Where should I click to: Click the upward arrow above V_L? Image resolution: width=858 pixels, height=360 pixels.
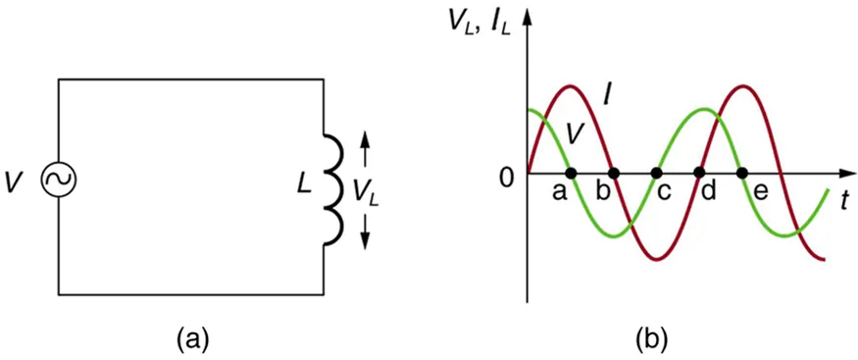366,147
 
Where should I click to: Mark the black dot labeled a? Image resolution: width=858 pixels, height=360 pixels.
572,174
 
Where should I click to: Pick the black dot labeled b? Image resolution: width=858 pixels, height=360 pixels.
614,174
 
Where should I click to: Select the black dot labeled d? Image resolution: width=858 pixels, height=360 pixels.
700,174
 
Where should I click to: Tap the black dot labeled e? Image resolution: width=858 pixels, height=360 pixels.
743,174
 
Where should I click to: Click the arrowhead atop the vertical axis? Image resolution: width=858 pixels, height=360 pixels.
530,16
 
